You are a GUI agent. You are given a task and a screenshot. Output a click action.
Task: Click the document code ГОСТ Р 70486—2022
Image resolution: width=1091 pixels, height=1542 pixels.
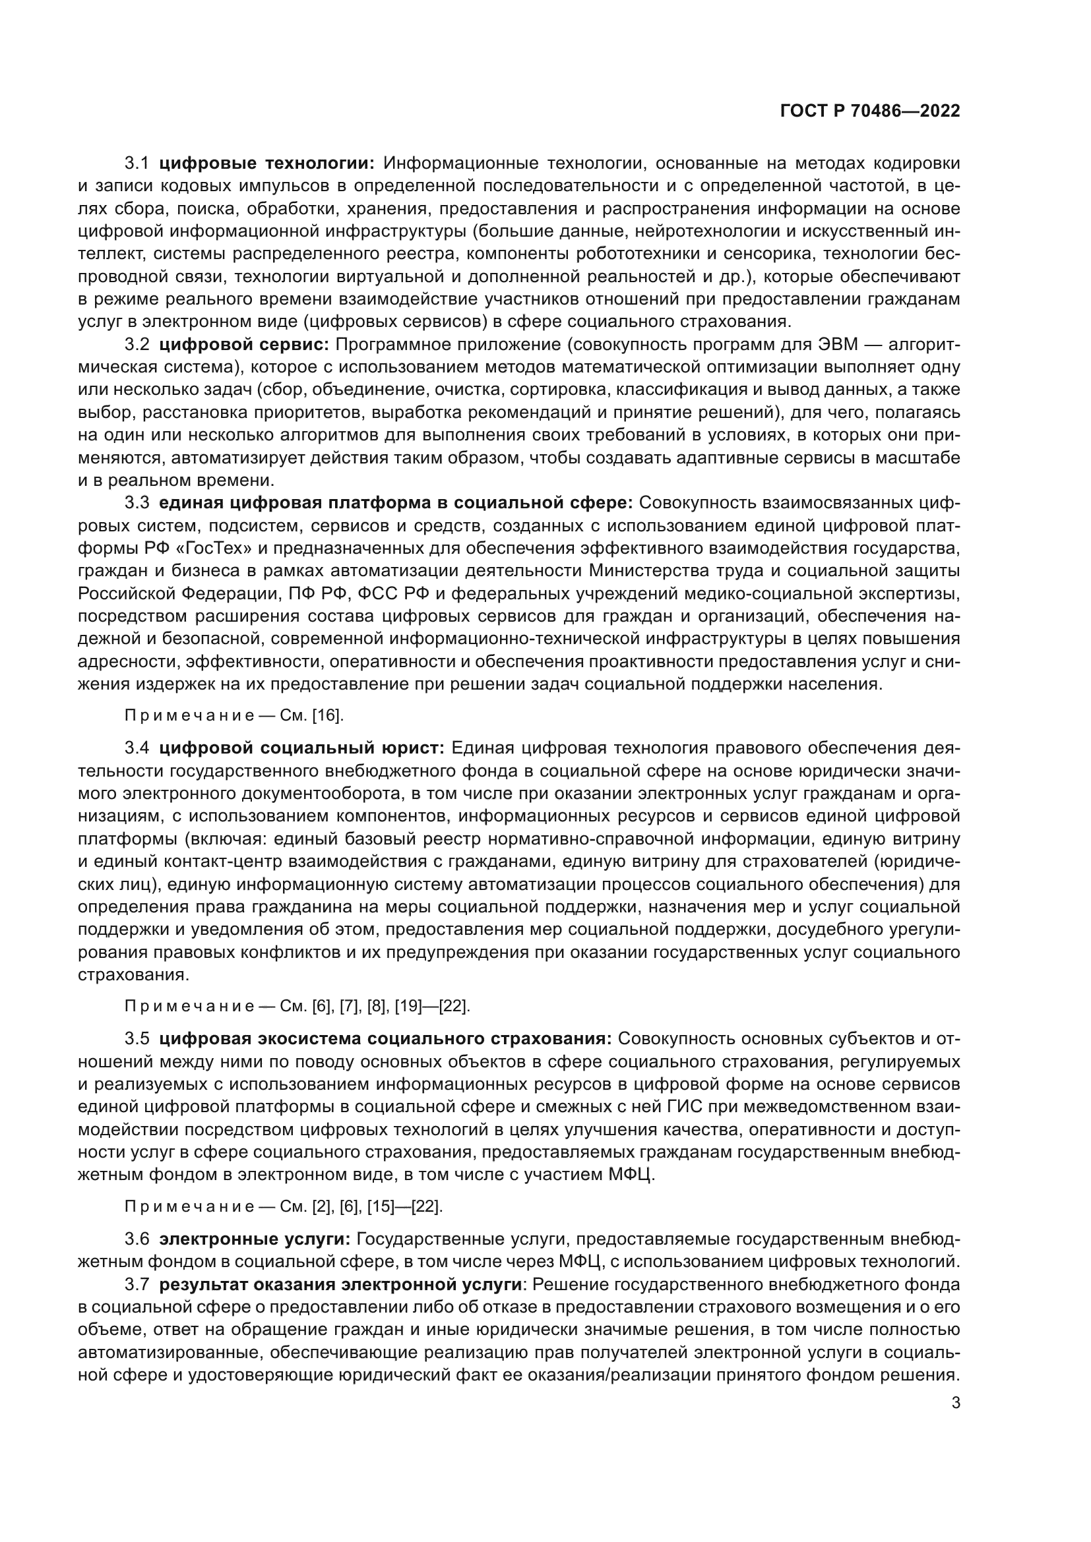click(870, 111)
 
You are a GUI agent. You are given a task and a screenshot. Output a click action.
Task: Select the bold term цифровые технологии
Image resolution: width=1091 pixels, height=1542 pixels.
click(267, 163)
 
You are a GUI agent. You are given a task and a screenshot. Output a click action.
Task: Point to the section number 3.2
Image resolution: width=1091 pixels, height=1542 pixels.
click(137, 345)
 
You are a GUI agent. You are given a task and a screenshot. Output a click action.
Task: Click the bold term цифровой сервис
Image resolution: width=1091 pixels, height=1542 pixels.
click(245, 345)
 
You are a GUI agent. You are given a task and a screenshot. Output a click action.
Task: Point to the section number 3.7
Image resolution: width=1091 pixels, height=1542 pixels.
click(137, 1285)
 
